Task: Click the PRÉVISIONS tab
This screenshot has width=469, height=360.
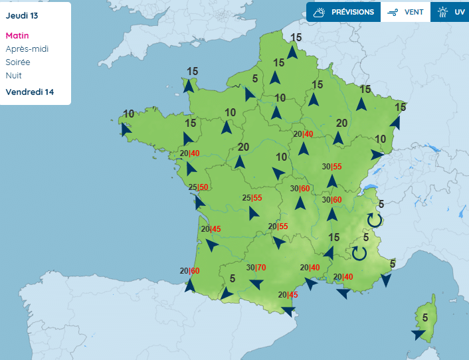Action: [x=352, y=12]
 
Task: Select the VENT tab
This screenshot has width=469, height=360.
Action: [x=414, y=12]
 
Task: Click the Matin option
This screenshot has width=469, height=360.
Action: [x=17, y=36]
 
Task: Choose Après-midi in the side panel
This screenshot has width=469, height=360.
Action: [x=27, y=48]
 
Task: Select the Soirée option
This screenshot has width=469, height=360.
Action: [x=18, y=62]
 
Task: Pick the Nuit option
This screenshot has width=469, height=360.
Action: [x=13, y=75]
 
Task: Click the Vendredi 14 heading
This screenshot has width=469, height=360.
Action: [x=30, y=92]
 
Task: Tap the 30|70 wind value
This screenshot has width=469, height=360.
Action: [x=256, y=268]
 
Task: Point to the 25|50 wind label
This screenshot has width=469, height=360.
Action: [x=199, y=187]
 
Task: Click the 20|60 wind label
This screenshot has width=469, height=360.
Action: [x=189, y=270]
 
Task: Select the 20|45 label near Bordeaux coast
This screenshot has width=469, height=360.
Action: [x=211, y=229]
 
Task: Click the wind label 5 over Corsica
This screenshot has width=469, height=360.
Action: [x=424, y=317]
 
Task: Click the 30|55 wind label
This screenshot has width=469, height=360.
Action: [x=331, y=167]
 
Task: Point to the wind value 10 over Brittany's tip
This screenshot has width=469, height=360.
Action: [x=128, y=114]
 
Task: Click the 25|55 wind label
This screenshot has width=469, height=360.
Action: [x=252, y=198]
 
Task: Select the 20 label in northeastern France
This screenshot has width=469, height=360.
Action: [x=343, y=123]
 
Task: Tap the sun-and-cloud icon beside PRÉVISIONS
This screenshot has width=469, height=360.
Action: [x=320, y=12]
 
